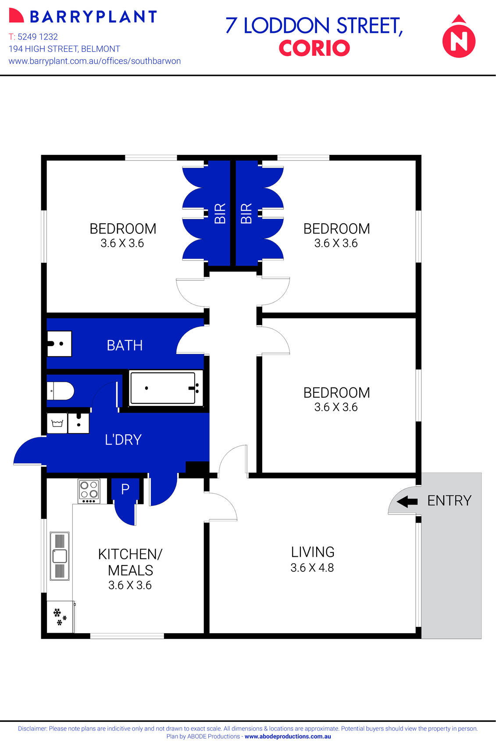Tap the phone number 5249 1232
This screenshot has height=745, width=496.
(38, 37)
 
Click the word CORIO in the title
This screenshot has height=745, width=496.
(314, 48)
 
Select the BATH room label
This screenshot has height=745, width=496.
(125, 346)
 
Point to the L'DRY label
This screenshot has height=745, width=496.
(123, 440)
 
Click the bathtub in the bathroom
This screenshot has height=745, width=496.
(163, 388)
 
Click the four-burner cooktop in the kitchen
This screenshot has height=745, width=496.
(89, 491)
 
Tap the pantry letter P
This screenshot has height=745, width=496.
(125, 489)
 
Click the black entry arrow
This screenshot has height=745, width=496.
(407, 501)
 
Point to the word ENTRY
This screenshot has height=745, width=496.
(449, 501)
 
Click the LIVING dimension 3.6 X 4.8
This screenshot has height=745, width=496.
(312, 568)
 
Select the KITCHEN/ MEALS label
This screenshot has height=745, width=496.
(130, 562)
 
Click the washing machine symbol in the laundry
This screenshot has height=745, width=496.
(57, 423)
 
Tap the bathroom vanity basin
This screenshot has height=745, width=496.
(59, 344)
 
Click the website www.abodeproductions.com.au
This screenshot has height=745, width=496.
(288, 737)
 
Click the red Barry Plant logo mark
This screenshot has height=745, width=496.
(16, 16)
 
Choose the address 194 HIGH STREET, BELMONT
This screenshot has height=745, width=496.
(64, 49)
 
